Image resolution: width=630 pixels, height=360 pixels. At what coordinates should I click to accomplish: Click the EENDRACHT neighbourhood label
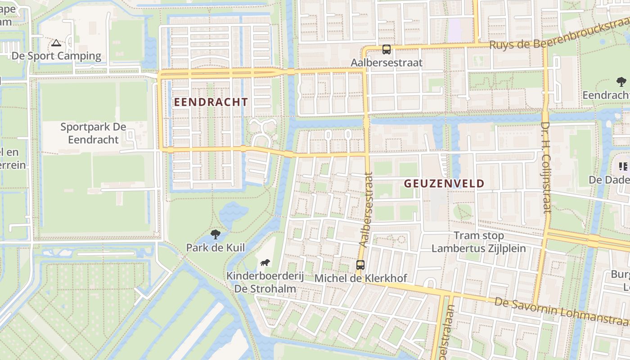click(x=211, y=102)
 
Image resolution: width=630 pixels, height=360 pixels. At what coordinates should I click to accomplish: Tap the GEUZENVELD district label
click(x=444, y=184)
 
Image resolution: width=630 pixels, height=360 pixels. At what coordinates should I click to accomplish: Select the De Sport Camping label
click(x=56, y=56)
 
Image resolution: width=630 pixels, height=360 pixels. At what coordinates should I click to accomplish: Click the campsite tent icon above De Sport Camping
click(x=56, y=43)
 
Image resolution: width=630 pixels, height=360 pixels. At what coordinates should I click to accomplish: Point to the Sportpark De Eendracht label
click(x=93, y=133)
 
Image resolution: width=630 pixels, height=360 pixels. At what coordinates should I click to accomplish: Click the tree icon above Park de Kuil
click(x=216, y=234)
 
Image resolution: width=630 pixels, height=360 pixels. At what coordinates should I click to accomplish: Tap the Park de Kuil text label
click(x=216, y=247)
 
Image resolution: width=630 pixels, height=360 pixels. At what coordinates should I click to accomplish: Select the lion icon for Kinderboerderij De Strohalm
click(x=265, y=263)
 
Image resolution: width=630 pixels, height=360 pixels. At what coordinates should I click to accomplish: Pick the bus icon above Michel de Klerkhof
click(x=360, y=265)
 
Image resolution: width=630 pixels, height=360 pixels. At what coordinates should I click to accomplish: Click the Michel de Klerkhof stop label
click(x=360, y=278)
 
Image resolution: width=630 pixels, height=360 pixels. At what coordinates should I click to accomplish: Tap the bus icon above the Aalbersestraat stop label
click(x=387, y=49)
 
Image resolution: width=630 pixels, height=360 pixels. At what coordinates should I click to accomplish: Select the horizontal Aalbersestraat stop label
click(x=387, y=63)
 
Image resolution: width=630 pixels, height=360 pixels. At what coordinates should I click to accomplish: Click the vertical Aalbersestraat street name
click(x=366, y=209)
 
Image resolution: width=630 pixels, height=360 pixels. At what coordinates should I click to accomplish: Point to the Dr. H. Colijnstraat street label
click(x=546, y=166)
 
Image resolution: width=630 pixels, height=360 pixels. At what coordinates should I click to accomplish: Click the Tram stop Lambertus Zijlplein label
click(x=479, y=242)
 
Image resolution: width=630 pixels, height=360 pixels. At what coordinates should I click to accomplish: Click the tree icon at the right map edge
click(x=621, y=82)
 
